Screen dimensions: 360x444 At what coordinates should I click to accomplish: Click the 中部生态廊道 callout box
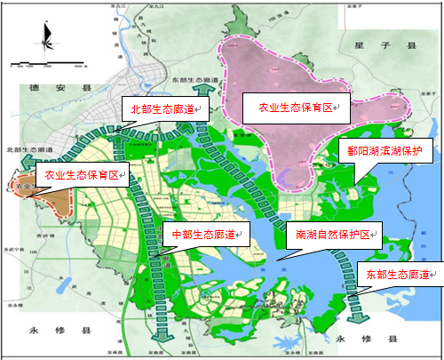click(203, 235)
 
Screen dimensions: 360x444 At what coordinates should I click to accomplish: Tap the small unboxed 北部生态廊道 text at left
click(24, 149)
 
